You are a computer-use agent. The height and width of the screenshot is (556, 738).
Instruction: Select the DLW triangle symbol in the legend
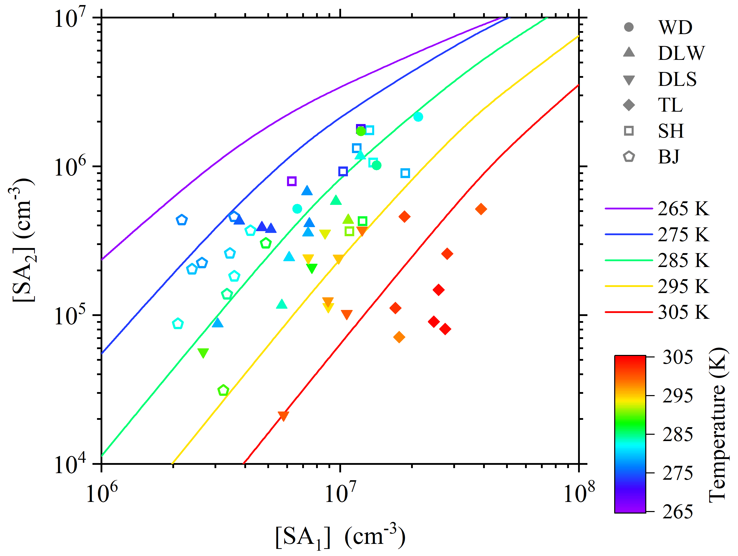(629, 52)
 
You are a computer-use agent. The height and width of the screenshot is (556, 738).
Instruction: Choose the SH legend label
(671, 131)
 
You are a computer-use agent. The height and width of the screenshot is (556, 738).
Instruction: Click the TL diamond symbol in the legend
(629, 105)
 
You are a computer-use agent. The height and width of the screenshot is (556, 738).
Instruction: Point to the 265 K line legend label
(683, 209)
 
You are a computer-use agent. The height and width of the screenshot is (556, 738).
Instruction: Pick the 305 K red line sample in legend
(629, 312)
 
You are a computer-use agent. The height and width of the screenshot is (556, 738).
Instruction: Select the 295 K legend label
(683, 286)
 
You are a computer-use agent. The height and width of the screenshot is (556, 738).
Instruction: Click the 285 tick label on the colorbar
(678, 434)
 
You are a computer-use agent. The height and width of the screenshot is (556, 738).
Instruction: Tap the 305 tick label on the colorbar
(678, 357)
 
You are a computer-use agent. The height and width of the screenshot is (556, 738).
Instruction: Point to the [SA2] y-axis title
(23, 240)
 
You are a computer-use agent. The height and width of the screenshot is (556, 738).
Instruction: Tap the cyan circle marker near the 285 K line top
(418, 117)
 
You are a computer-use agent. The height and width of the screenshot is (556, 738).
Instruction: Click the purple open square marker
(292, 181)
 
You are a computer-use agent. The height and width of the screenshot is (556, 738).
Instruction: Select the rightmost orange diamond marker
(481, 209)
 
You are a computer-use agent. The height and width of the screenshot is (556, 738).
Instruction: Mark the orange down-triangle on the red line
(283, 416)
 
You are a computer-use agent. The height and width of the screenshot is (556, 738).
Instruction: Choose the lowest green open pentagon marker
(223, 390)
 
